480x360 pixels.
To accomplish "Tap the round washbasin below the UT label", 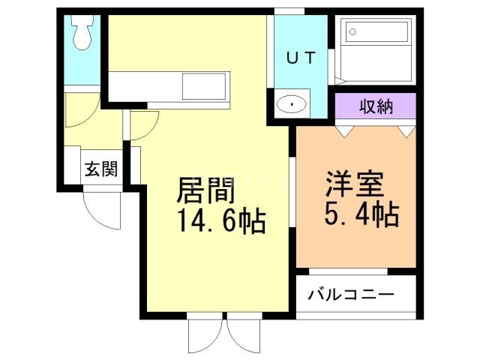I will coord(291,104).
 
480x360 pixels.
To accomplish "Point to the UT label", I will coord(300,58).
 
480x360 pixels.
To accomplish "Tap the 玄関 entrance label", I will coord(100,168).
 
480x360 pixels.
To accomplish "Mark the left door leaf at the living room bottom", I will coord(205,334).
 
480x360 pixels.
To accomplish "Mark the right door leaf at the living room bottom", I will coord(242,334).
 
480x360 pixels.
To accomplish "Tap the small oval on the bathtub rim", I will coord(352,31).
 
